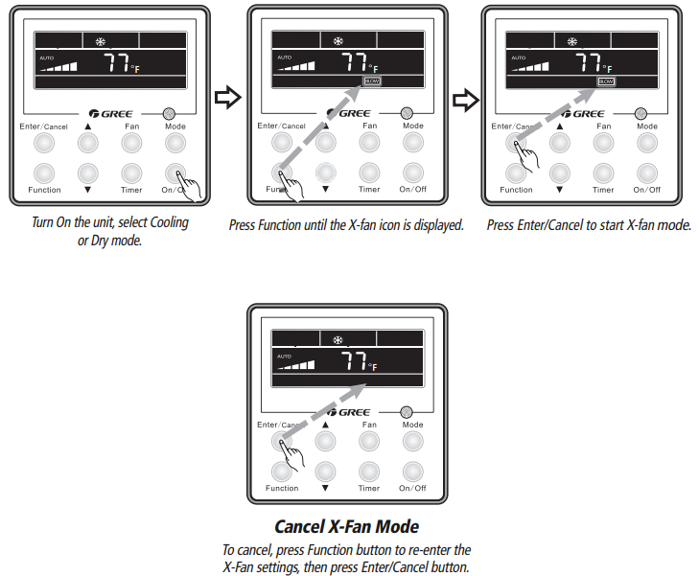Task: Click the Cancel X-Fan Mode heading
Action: [x=346, y=526]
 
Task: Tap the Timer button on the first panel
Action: [x=131, y=173]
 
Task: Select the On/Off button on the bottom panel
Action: [x=412, y=471]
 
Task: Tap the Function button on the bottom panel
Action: [x=282, y=471]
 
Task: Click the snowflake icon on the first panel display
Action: [x=102, y=41]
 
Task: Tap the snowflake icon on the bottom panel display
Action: [x=338, y=340]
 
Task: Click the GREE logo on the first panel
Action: [x=115, y=113]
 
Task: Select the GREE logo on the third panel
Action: [x=587, y=113]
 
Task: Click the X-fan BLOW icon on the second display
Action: [x=371, y=82]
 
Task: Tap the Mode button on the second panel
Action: [x=412, y=143]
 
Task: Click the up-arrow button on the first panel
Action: [x=88, y=143]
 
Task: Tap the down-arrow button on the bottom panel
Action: [x=326, y=471]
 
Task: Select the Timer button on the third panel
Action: [x=603, y=173]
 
